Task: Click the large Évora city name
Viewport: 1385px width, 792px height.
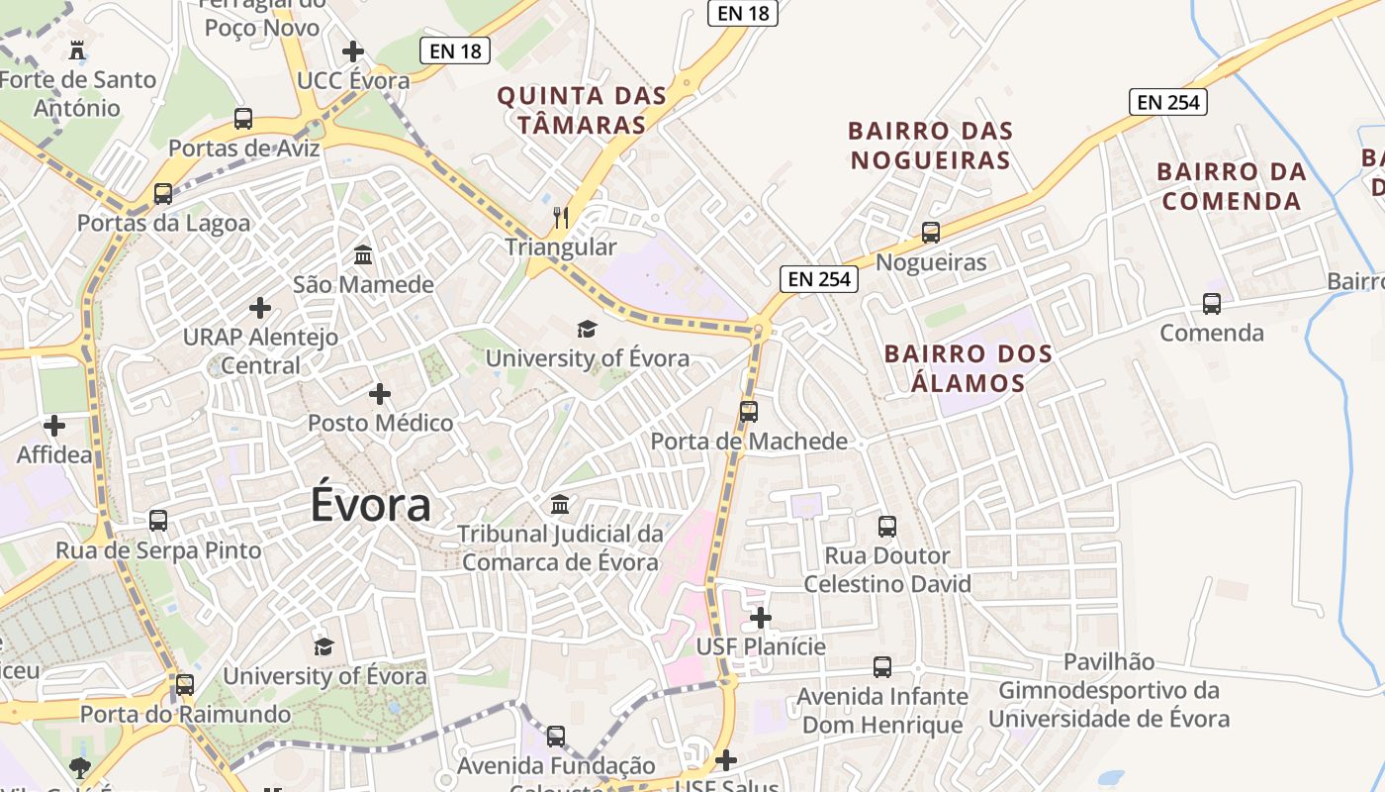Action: point(371,504)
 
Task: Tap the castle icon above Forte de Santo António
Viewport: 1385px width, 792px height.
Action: point(76,49)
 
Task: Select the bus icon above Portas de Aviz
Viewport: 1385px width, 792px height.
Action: point(243,119)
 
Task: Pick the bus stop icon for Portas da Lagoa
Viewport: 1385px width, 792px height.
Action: point(163,194)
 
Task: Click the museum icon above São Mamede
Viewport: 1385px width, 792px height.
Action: point(363,255)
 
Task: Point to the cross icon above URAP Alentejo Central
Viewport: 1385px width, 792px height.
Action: point(260,308)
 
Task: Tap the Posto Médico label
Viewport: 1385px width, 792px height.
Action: point(380,424)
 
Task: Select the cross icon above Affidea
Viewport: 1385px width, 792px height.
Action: point(54,427)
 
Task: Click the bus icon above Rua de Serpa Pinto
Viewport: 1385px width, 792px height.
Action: point(158,521)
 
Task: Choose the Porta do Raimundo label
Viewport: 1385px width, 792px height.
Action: point(185,714)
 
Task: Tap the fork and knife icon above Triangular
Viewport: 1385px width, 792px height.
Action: point(561,218)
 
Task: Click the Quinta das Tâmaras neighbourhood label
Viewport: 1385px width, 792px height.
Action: point(582,110)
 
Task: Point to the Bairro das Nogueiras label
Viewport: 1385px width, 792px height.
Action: point(930,145)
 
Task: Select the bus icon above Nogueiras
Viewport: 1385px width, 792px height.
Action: point(931,233)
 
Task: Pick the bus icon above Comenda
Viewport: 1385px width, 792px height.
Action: point(1212,304)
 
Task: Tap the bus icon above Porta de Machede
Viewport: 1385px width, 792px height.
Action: point(749,411)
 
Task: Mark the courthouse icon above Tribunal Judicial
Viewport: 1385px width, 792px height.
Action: point(560,505)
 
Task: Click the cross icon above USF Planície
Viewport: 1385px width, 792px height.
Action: point(760,619)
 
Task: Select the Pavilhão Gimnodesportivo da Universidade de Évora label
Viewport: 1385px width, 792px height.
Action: point(1109,690)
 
